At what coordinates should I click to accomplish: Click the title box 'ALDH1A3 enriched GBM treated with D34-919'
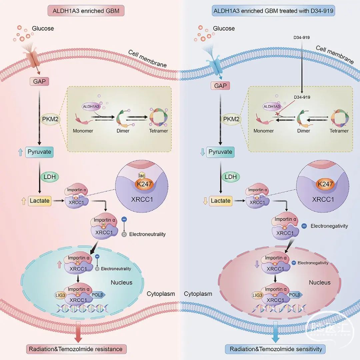(273, 11)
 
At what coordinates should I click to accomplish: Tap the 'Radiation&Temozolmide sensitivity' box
(276, 349)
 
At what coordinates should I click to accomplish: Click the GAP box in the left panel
(39, 81)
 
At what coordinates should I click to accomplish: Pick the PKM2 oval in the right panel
(231, 119)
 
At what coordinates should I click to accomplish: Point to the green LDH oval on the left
(50, 177)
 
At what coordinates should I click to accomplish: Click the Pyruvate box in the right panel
(220, 152)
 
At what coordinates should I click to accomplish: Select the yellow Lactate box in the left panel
(39, 201)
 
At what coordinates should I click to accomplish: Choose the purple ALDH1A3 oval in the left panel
(91, 107)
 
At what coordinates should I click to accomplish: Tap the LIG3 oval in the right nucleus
(257, 295)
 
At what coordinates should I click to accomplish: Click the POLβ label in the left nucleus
(98, 295)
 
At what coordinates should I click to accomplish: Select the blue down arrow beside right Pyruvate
(203, 152)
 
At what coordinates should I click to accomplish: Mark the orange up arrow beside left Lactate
(23, 201)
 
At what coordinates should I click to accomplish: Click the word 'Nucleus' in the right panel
(320, 282)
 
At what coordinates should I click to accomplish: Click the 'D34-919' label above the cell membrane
(301, 37)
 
